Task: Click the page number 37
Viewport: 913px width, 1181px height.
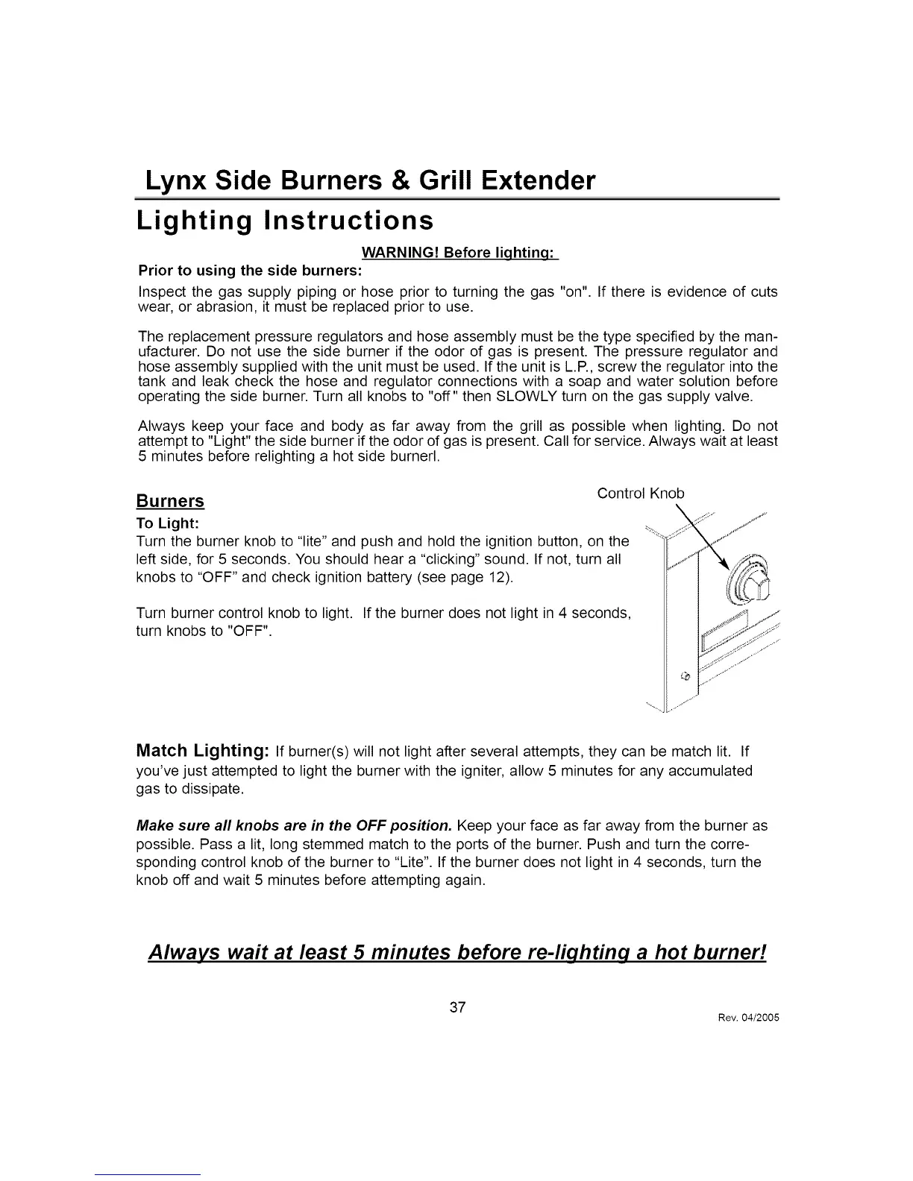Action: pos(457,1007)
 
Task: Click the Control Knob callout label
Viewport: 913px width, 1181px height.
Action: pos(640,493)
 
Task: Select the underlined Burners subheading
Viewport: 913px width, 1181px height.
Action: pos(170,500)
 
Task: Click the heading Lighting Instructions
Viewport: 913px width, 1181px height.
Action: pos(285,221)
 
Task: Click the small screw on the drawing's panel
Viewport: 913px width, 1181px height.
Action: pos(687,676)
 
